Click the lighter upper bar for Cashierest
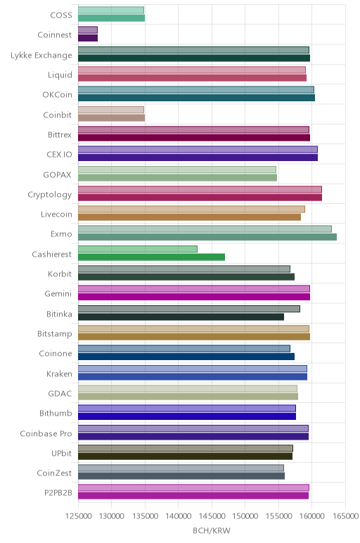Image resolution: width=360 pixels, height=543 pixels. point(138,249)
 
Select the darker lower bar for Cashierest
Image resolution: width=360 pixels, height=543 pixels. point(152,257)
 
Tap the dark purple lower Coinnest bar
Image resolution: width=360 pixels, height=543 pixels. point(88,38)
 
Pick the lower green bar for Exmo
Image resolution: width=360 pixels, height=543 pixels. point(207,237)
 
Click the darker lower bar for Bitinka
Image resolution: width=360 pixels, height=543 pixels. point(181,317)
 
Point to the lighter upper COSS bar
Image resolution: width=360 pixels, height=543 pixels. point(111,10)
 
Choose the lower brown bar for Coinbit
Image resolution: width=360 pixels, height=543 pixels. point(112,117)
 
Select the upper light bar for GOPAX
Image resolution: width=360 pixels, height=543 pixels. point(177,170)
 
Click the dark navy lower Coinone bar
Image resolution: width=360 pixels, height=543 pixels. point(186,357)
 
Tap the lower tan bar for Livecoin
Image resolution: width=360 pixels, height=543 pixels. point(189,217)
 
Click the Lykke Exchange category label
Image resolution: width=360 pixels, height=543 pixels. point(41,56)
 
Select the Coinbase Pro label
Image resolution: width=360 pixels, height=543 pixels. point(46,433)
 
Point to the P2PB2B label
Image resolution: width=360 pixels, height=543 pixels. point(58,493)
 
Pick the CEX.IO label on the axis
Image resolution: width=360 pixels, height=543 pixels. point(59,155)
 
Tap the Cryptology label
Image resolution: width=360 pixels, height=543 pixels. point(50,195)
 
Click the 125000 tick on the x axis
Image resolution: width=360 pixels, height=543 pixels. point(78,516)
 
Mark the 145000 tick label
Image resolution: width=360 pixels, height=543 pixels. point(212,516)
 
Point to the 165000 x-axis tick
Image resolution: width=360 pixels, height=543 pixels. point(345,516)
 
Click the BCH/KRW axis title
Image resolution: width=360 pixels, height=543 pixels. point(212,530)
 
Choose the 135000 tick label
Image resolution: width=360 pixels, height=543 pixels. point(145,516)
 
